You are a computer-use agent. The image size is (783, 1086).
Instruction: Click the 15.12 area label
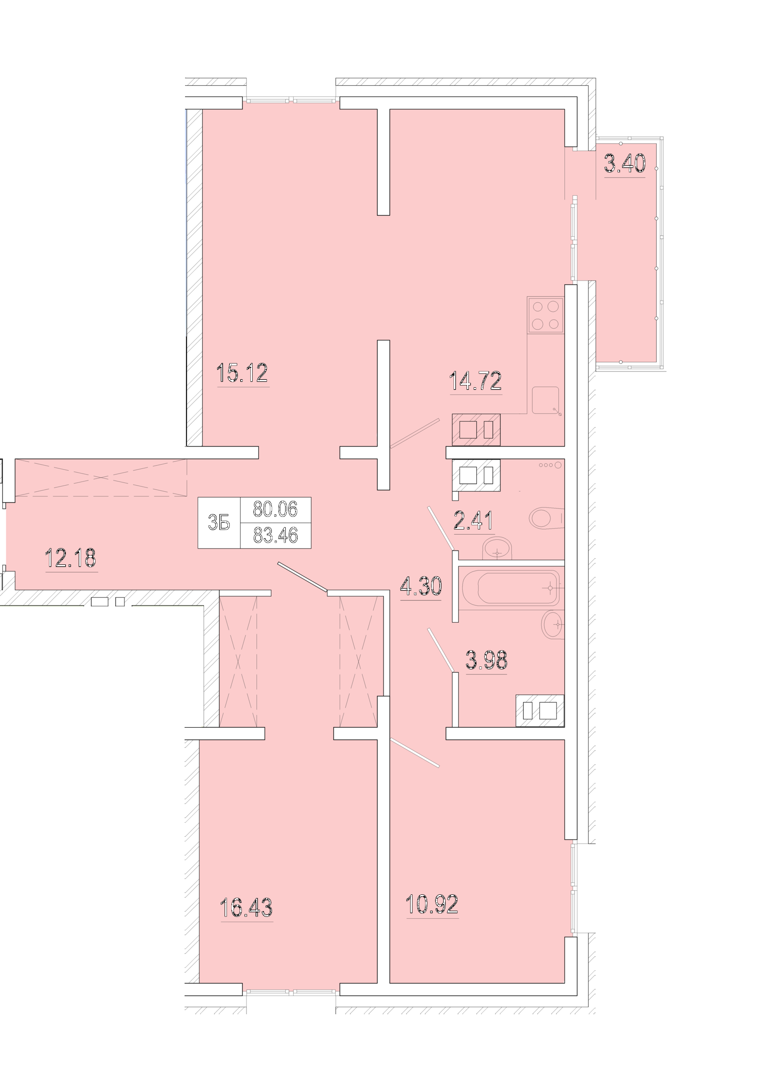click(242, 372)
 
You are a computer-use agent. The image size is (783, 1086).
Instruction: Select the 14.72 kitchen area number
click(475, 381)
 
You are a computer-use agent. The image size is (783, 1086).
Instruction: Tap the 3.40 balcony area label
click(625, 164)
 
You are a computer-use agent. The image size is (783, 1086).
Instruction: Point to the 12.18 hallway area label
click(70, 558)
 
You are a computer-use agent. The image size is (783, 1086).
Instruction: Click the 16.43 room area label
click(247, 907)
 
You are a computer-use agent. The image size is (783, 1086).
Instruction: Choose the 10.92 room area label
click(432, 904)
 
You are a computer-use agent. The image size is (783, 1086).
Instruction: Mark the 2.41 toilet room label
click(474, 521)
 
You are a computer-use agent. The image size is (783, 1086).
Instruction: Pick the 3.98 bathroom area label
click(486, 660)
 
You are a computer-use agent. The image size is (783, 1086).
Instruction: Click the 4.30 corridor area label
click(421, 586)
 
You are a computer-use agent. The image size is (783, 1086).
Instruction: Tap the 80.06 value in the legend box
click(275, 509)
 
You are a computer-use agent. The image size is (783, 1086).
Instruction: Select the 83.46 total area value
click(275, 535)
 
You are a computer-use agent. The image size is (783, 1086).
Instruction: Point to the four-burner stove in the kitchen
click(546, 315)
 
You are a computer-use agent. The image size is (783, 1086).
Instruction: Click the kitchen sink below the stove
click(546, 400)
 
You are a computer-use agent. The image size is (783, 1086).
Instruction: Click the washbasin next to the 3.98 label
click(553, 625)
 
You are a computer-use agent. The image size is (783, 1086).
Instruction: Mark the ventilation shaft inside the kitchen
click(476, 430)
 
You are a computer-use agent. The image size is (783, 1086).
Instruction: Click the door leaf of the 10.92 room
click(415, 753)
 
